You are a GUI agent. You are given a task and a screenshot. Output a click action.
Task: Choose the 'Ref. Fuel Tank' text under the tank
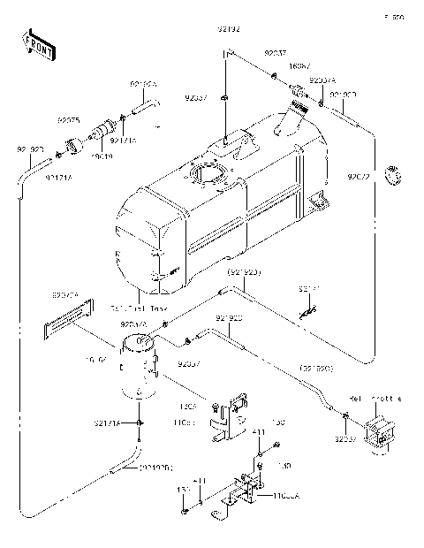coord(140,308)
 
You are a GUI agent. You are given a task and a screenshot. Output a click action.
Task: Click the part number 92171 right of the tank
coord(310,288)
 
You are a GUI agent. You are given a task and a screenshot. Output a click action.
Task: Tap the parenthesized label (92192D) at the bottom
coord(155,466)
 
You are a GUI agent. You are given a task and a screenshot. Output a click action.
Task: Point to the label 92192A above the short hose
coord(143,84)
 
